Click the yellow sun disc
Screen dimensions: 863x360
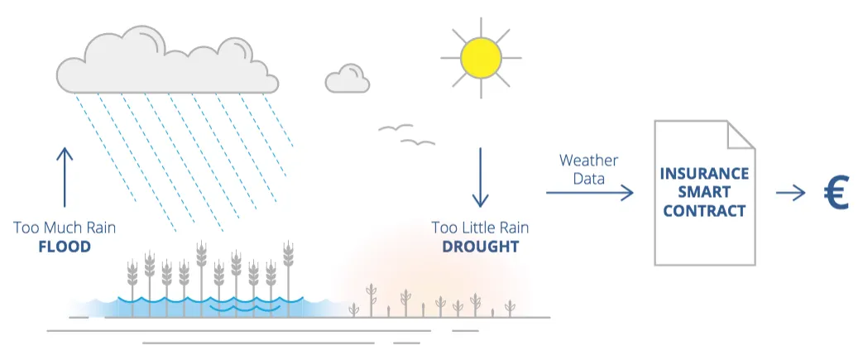pos(481,58)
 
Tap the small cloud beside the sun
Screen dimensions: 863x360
pos(348,79)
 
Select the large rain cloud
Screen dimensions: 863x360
pos(167,60)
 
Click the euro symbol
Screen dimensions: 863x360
pos(836,193)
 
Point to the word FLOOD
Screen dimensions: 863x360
pos(65,247)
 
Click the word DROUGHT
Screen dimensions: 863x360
pos(481,247)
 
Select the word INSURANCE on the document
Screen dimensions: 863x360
pos(704,174)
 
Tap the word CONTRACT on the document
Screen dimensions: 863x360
pos(704,211)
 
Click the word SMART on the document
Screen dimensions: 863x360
pos(704,193)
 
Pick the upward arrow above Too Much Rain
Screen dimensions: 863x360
pos(65,177)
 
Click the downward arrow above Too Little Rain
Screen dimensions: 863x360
pos(481,177)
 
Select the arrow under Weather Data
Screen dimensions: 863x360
pos(590,193)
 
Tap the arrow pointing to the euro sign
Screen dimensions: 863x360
pos(790,193)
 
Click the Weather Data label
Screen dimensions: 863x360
pos(588,170)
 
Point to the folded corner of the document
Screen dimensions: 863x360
pos(741,136)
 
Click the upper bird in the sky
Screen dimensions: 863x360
pos(396,127)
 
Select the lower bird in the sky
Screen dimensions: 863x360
pos(418,142)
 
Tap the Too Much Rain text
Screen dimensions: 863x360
pos(65,228)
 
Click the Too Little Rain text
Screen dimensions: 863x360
pos(481,228)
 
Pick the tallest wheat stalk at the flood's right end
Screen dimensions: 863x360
pos(288,278)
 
